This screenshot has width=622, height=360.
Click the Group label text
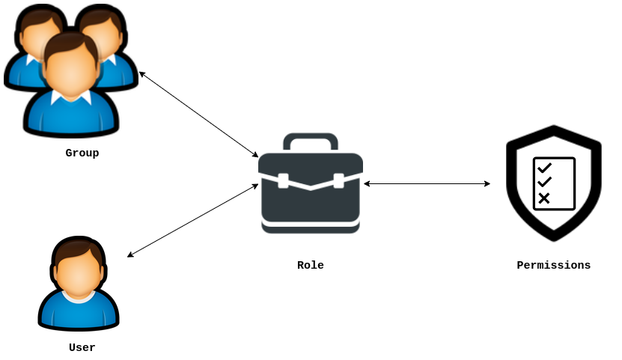(82, 153)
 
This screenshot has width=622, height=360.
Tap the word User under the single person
(82, 347)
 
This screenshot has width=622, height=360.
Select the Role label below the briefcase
(310, 265)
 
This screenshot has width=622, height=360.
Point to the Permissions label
(553, 265)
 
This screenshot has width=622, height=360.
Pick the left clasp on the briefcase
(283, 180)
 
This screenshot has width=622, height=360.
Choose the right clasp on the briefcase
(338, 180)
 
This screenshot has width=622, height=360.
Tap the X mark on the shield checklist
(544, 198)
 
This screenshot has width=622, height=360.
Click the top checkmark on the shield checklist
(544, 168)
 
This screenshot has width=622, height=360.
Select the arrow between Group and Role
(198, 115)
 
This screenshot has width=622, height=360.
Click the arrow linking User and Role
(192, 220)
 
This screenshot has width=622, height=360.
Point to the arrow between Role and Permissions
(427, 183)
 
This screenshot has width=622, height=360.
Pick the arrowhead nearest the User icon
(130, 255)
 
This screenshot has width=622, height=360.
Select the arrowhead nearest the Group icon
(142, 73)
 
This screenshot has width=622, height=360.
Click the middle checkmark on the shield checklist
(544, 182)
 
